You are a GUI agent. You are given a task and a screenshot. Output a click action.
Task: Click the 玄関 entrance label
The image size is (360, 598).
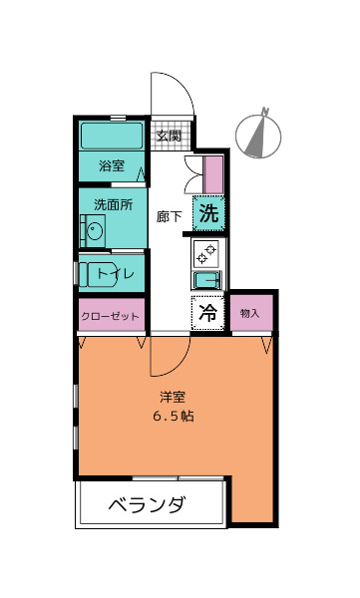point(169,136)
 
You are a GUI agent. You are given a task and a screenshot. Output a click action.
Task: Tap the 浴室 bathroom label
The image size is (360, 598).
point(112,165)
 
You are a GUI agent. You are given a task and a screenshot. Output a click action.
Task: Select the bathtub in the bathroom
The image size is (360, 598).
point(112,136)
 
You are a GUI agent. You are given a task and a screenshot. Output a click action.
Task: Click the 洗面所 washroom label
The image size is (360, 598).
point(114,204)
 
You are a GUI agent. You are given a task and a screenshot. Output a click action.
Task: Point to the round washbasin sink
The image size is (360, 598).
point(95,231)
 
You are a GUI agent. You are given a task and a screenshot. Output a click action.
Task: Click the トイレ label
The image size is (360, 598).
point(115,273)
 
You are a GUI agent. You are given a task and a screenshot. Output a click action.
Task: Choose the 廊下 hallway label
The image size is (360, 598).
point(170,216)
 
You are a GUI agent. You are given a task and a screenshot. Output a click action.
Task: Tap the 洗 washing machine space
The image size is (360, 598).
point(208,213)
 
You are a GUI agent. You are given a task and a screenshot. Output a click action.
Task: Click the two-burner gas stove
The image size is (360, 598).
point(205,254)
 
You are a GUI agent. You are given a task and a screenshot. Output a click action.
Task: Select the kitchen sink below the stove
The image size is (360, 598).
point(207,280)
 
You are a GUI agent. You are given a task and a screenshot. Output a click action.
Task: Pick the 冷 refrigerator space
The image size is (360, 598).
point(207,313)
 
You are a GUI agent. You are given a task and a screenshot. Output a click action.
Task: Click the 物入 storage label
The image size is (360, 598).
point(250,313)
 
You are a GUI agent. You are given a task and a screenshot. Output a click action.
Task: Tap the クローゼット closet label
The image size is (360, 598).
point(110,316)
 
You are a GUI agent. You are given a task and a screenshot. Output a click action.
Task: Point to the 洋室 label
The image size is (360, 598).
point(173,397)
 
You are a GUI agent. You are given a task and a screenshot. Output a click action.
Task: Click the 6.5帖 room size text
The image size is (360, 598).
point(174,416)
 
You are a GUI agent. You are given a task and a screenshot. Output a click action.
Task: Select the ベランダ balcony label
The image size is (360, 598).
point(148,504)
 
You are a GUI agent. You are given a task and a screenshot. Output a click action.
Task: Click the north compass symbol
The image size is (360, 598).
point(258,136)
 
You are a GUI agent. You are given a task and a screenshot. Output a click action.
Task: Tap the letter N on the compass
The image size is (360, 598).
point(265,111)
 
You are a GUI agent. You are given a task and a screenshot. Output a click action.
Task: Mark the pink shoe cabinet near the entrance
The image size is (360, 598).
point(213,174)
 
